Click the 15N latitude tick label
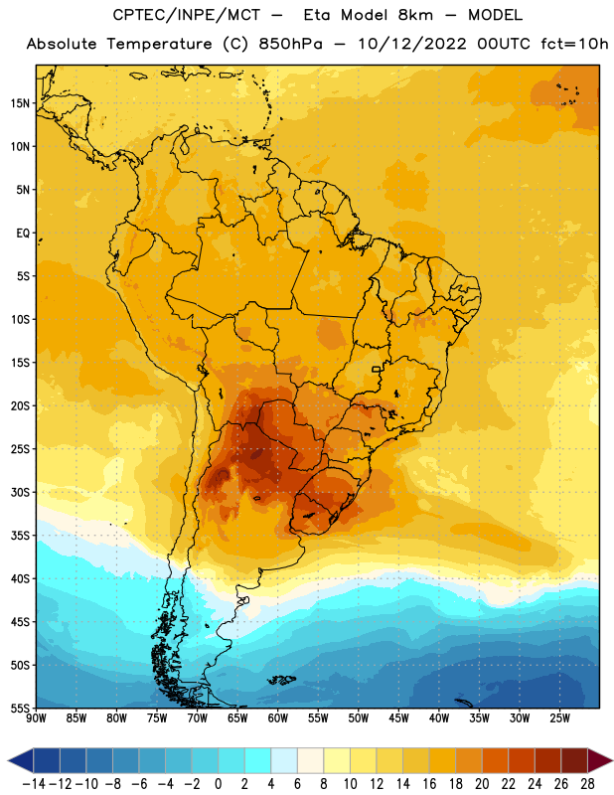click(x=20, y=103)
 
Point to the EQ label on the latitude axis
click(x=23, y=234)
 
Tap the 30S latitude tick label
click(x=20, y=492)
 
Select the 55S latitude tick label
click(x=20, y=708)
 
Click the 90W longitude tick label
click(x=36, y=718)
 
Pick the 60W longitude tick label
click(x=278, y=718)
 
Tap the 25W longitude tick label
click(x=559, y=718)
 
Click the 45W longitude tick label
click(x=398, y=718)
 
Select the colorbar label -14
click(x=34, y=784)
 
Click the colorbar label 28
click(x=587, y=784)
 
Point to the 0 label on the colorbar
click(x=218, y=784)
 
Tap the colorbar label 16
click(x=429, y=784)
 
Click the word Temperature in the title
click(x=159, y=44)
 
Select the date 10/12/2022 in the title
click(x=411, y=44)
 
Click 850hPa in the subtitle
click(x=290, y=44)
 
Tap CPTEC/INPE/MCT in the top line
click(x=187, y=15)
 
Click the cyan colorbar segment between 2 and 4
click(x=257, y=761)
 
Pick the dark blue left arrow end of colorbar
click(x=20, y=761)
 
